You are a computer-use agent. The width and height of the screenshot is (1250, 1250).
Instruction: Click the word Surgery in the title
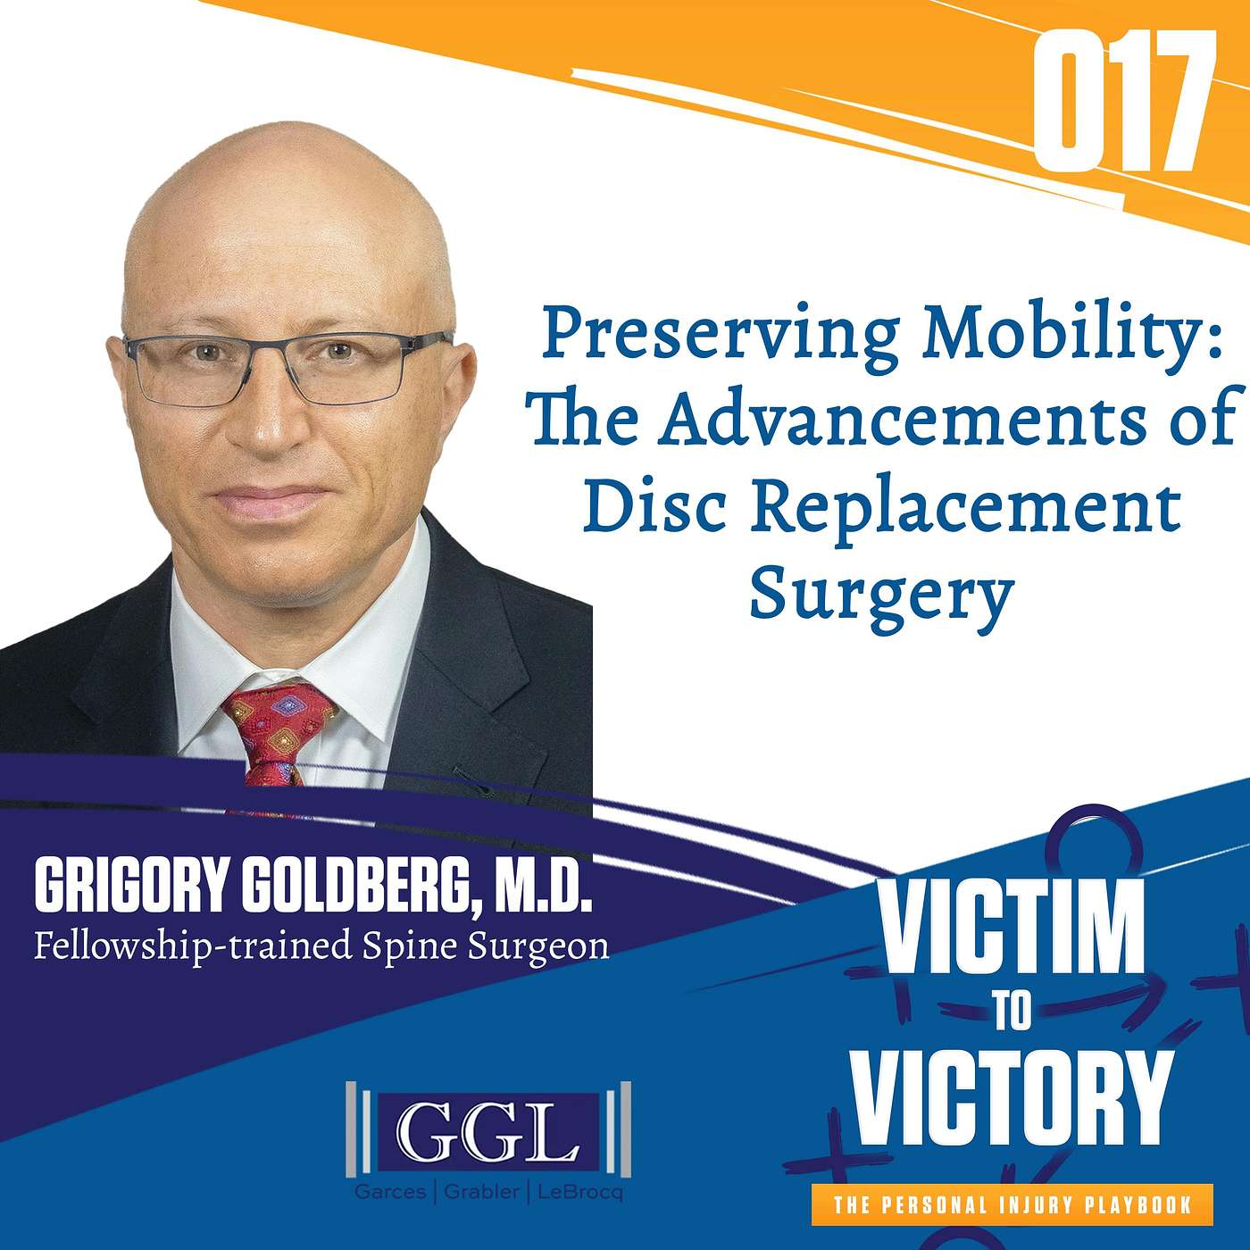[881, 594]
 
